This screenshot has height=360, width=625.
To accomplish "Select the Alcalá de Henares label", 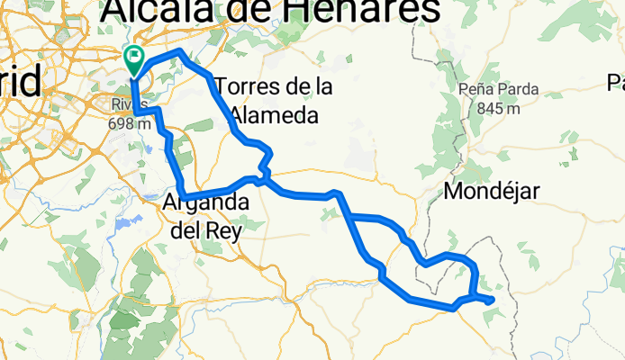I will [x=270, y=11].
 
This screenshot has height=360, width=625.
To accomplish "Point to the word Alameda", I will [x=274, y=115].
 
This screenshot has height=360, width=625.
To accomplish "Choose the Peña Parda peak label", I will [x=498, y=90].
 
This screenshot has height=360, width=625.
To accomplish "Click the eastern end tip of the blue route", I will [x=494, y=301].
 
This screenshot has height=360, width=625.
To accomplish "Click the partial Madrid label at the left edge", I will [x=20, y=83].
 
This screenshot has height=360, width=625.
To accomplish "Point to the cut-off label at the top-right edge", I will [x=616, y=84].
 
